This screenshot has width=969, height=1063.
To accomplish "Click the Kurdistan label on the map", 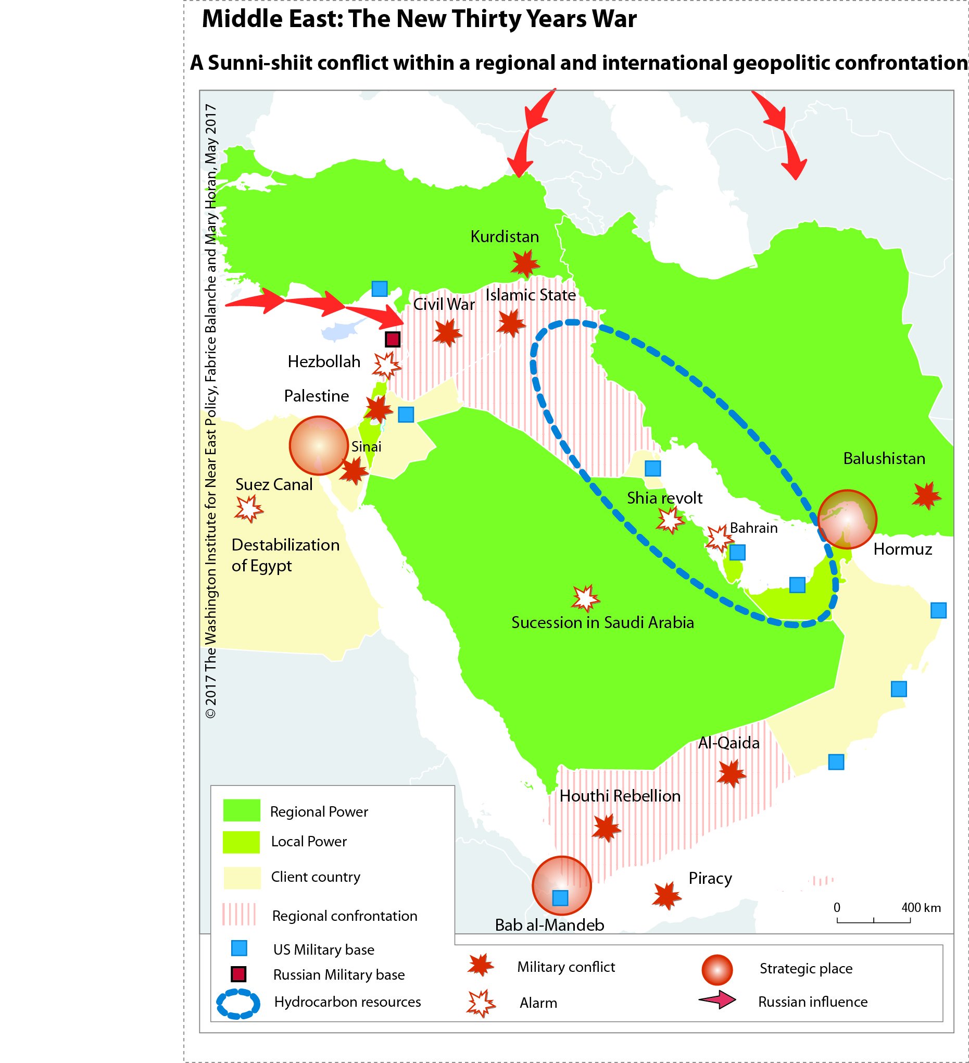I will click(x=505, y=237).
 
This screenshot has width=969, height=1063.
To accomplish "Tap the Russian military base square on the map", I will click(x=392, y=339).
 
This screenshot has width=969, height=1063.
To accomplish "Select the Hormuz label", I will click(x=902, y=549).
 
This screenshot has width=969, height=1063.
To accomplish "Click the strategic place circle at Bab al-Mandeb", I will click(x=561, y=885).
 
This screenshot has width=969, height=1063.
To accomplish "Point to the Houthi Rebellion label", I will click(x=620, y=796).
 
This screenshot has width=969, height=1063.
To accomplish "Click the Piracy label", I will click(x=710, y=879).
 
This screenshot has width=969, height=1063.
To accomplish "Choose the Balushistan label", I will click(x=884, y=459).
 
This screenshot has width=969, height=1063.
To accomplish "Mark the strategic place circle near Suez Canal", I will click(x=319, y=445).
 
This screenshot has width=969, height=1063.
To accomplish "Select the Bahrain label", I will click(x=753, y=528).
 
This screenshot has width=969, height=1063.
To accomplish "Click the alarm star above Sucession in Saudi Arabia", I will click(x=585, y=598).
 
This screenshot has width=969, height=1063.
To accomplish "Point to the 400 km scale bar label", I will click(x=921, y=907).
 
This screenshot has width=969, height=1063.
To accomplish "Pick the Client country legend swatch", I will click(x=242, y=878).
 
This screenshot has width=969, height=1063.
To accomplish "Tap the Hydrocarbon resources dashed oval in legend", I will click(x=238, y=1002).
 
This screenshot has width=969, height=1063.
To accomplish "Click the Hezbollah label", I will click(x=324, y=362).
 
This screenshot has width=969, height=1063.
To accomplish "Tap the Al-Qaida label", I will click(x=728, y=743).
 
